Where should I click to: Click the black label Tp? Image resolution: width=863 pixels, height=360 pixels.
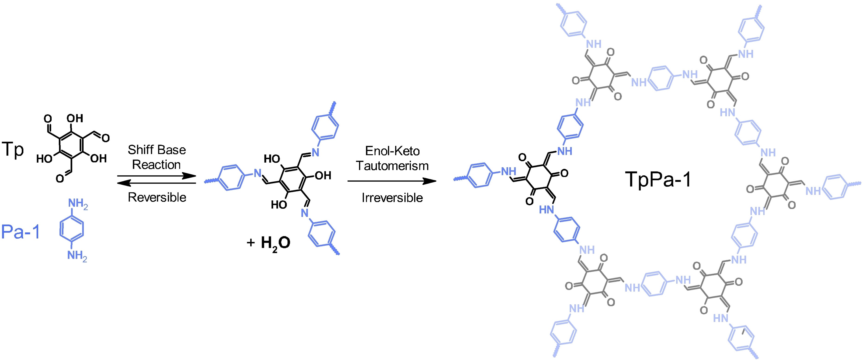[x=13, y=149]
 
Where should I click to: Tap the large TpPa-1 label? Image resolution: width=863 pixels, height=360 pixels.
[x=658, y=180]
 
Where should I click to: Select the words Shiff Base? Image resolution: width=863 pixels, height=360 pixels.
[x=157, y=150]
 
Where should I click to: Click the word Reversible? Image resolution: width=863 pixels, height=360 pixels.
[x=157, y=197]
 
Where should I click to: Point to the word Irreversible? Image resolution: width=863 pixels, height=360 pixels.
[x=392, y=198]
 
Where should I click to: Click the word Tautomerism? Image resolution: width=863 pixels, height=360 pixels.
[x=392, y=166]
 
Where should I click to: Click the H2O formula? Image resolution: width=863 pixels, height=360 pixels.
[x=275, y=243]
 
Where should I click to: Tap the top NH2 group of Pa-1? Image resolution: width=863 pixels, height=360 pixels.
[x=78, y=203]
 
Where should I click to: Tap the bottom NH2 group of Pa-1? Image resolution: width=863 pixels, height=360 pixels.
[x=77, y=256]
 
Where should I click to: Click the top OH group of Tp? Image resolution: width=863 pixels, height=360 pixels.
[x=75, y=118]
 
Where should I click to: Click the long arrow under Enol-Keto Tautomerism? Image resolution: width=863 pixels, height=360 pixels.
[x=392, y=181]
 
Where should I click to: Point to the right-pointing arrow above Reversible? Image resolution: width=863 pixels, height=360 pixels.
[x=157, y=176]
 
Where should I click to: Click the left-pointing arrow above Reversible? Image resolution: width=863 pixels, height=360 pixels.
[x=157, y=183]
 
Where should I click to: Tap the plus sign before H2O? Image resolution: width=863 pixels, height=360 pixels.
[x=251, y=243]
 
